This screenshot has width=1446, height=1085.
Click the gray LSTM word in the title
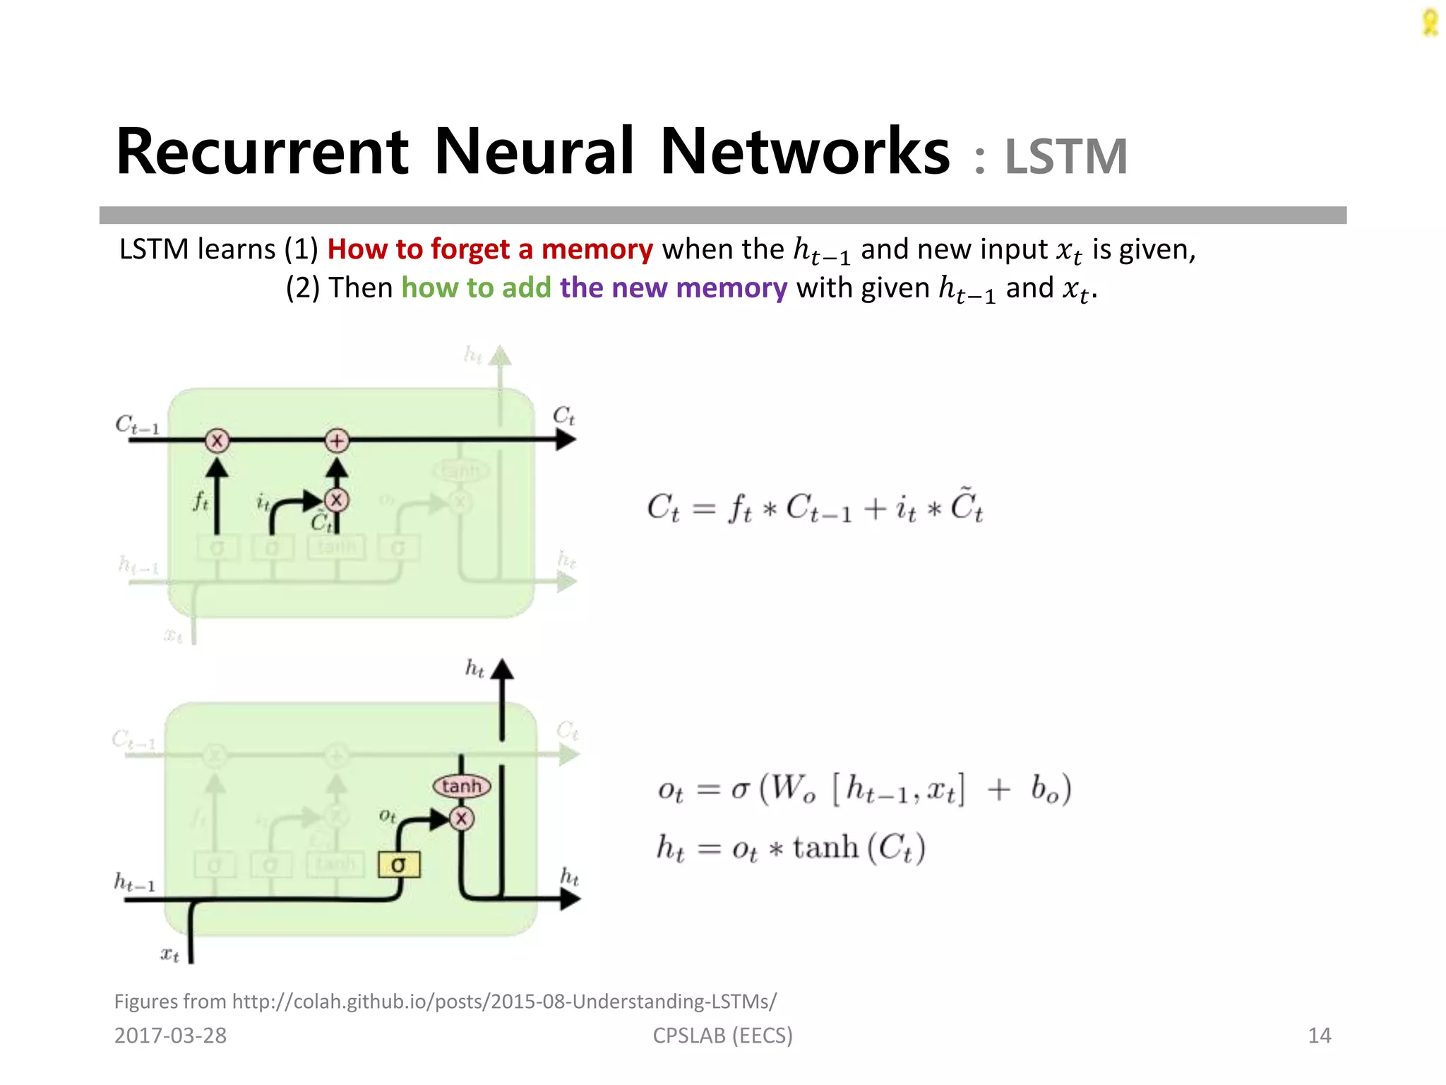click(1065, 157)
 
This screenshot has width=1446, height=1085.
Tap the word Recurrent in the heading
click(262, 152)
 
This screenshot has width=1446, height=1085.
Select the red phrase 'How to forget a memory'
click(490, 249)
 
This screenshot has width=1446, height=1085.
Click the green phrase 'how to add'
click(476, 288)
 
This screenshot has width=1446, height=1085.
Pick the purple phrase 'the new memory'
click(674, 288)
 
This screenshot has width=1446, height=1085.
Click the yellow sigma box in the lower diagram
click(399, 865)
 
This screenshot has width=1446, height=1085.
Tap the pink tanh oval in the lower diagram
click(462, 786)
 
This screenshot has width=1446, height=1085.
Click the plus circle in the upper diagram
click(337, 441)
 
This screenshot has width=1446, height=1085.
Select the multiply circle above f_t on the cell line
click(217, 441)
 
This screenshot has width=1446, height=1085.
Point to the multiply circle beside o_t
click(462, 819)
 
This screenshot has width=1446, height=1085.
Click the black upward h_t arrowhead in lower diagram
click(502, 670)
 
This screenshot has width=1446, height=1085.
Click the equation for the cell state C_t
click(815, 507)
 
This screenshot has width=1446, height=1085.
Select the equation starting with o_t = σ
click(864, 790)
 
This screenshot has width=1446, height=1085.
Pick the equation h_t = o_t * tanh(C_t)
click(791, 848)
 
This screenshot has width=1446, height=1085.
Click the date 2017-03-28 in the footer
click(170, 1036)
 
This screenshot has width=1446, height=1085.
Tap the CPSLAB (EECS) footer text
click(722, 1036)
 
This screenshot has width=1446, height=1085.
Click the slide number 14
click(1319, 1036)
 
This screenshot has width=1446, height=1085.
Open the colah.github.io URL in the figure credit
click(504, 1002)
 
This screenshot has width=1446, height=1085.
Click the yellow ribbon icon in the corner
click(1430, 23)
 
